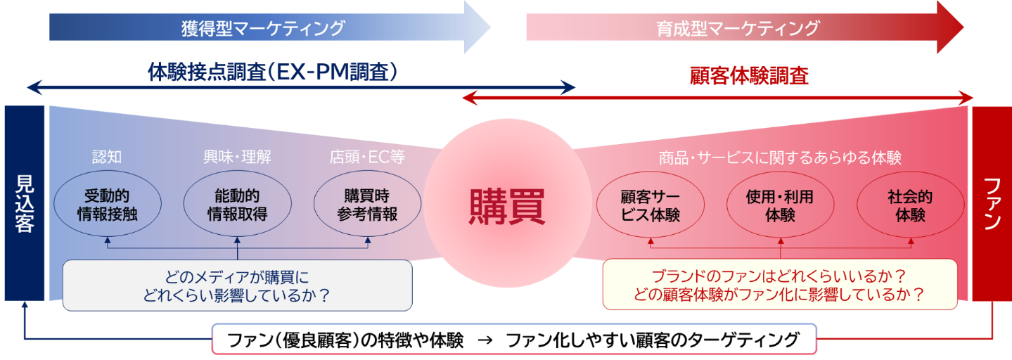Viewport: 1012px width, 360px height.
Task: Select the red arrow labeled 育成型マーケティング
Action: click(x=738, y=28)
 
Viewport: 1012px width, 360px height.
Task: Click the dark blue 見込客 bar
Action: click(x=24, y=204)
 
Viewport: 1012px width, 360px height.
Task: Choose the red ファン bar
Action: click(x=992, y=204)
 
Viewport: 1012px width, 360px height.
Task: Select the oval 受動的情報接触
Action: click(x=107, y=205)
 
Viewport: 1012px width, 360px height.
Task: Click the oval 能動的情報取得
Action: click(x=237, y=205)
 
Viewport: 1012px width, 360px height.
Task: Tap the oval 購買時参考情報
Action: click(x=366, y=205)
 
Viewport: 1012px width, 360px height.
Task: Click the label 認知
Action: click(x=107, y=157)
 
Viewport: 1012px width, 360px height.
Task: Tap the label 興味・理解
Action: click(x=237, y=157)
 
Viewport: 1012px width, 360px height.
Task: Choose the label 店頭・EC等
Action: click(x=366, y=157)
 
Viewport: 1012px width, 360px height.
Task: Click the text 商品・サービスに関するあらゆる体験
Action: click(x=780, y=157)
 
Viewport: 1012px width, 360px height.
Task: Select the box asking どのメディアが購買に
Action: click(x=237, y=285)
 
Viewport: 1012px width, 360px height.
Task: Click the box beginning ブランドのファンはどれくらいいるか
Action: click(x=779, y=285)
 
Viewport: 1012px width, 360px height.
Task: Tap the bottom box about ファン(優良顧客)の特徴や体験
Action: click(x=514, y=340)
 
